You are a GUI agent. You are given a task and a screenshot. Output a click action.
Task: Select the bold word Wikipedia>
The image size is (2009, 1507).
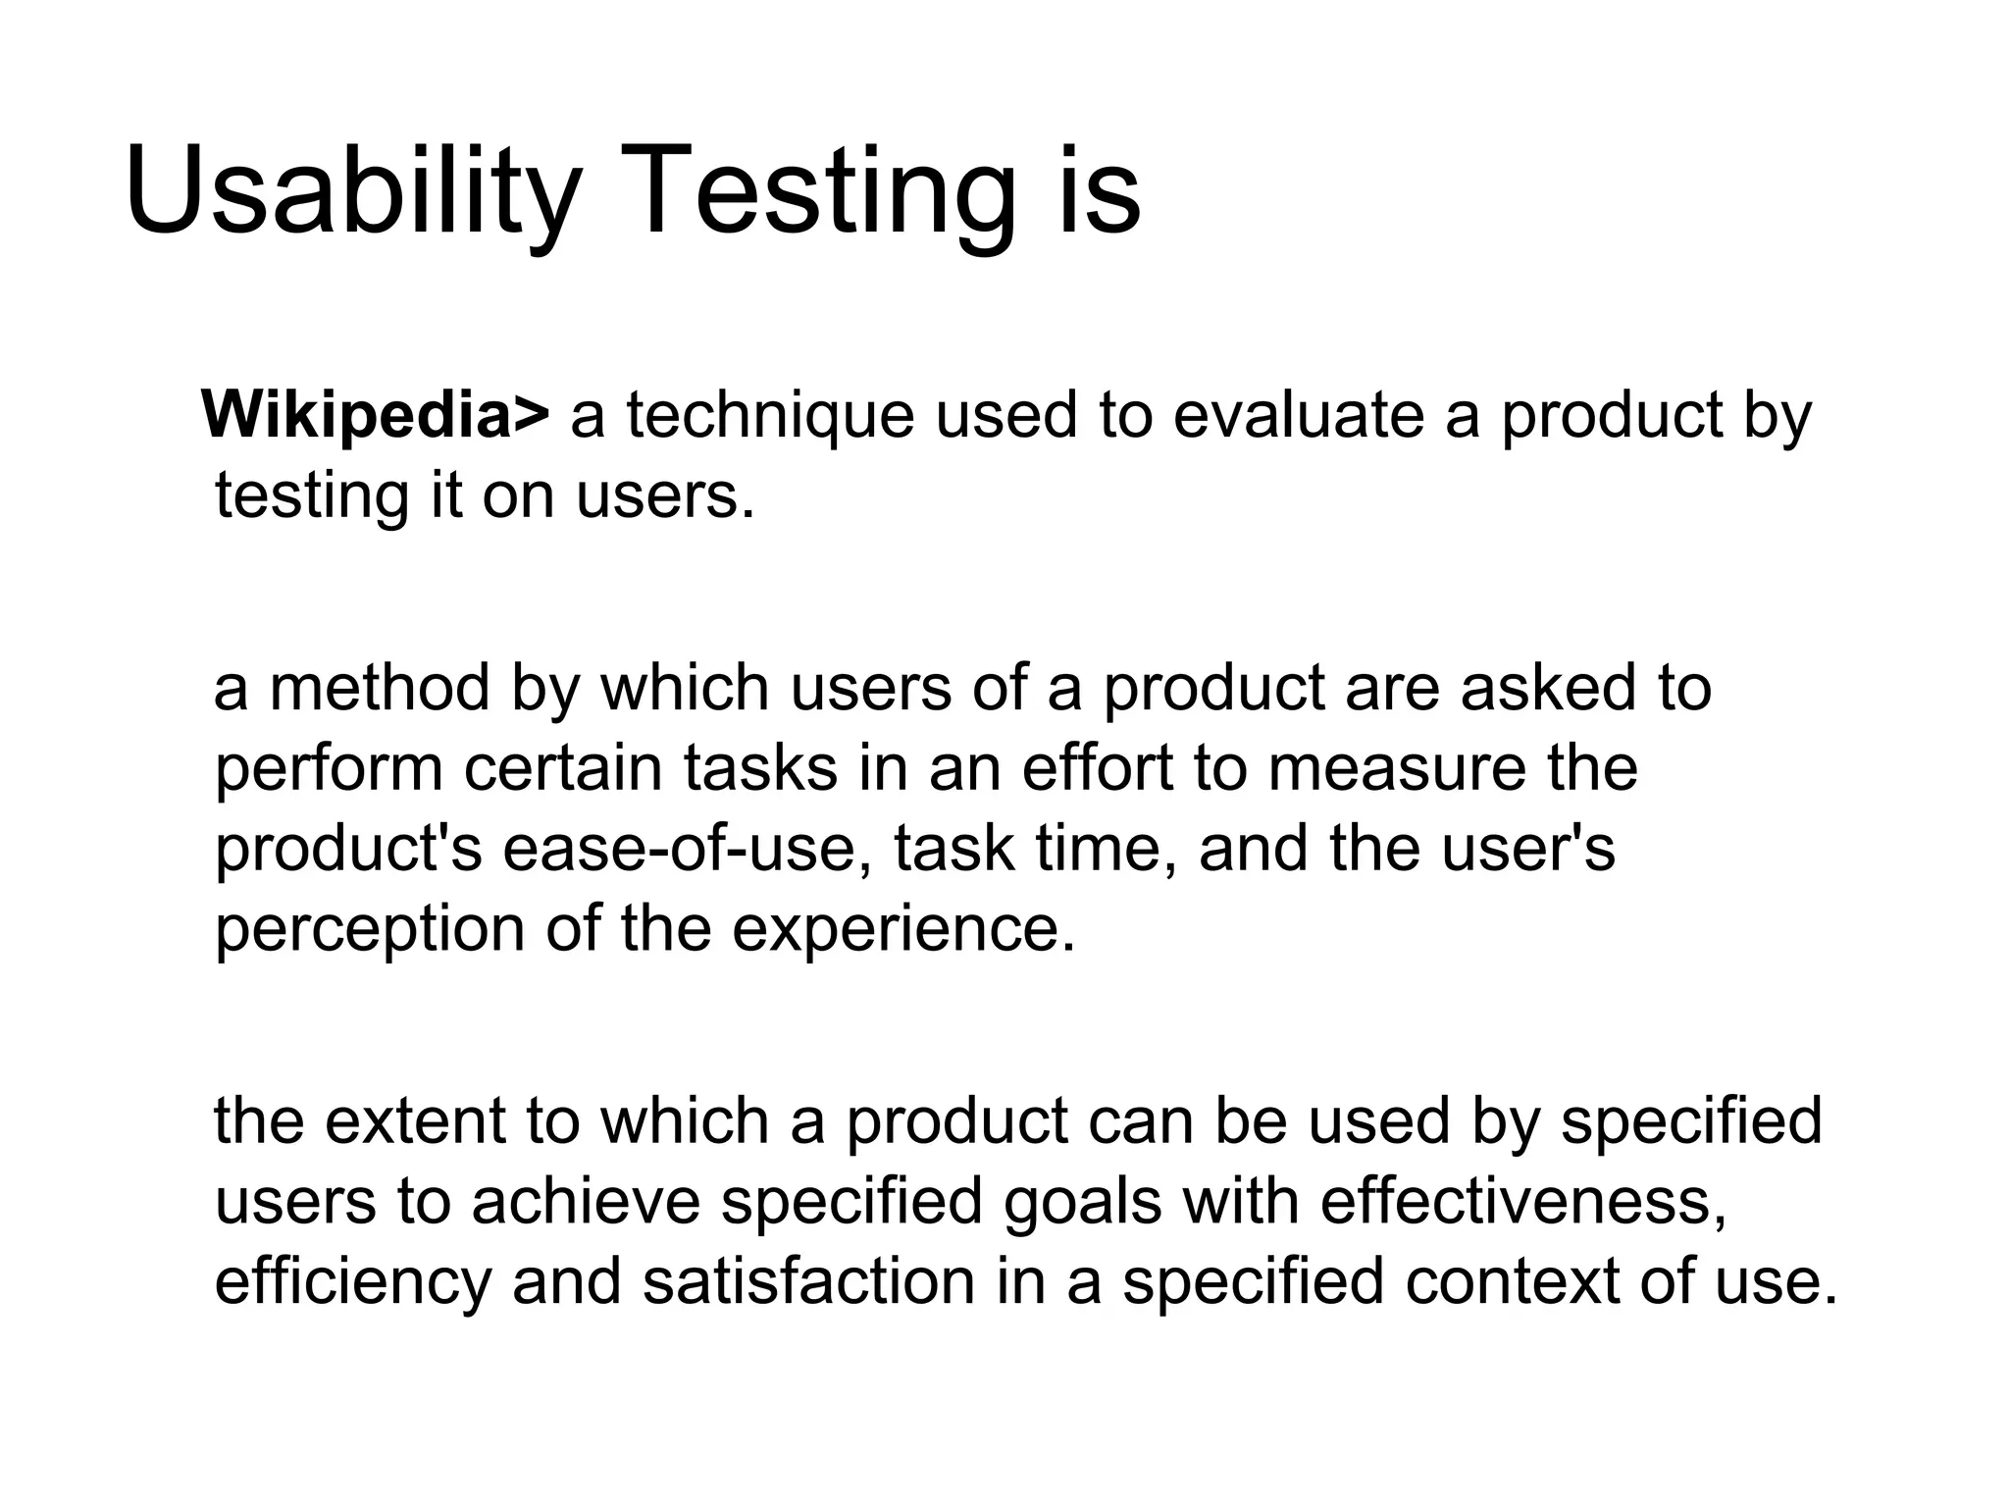pos(376,415)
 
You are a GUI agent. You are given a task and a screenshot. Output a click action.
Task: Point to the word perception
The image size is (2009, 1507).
pos(370,929)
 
